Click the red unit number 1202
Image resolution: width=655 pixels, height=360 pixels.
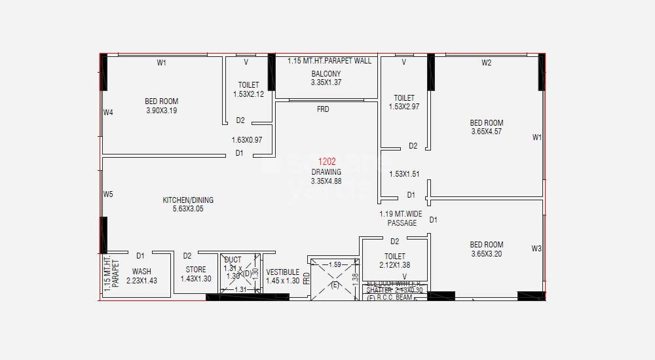coord(327,162)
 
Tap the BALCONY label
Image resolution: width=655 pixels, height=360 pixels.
coord(326,73)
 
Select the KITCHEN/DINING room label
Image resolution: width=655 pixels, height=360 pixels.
coord(188,200)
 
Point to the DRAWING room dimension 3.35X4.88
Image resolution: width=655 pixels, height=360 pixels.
coord(326,181)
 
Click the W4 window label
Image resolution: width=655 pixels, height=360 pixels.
coord(108,113)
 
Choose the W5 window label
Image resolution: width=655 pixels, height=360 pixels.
coord(108,194)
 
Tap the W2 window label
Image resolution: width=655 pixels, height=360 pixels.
coord(486,63)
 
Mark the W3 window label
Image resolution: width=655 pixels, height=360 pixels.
coord(536,249)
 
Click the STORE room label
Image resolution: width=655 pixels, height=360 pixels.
coord(195,270)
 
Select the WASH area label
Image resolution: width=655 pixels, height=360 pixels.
coord(141,271)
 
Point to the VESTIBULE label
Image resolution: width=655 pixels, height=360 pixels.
coord(283,272)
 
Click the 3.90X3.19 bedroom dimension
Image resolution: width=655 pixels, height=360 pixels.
coord(161,111)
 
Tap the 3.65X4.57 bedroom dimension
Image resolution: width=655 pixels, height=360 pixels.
coord(487,132)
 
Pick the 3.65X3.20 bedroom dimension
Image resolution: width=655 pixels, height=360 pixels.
coord(486,254)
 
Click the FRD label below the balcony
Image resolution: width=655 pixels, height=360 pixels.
coord(323,109)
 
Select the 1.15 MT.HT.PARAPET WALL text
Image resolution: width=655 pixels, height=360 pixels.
coord(329,61)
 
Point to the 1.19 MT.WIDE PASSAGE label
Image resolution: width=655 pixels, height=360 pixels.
coord(400,219)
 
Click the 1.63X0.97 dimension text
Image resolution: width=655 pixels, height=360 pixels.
coord(246,140)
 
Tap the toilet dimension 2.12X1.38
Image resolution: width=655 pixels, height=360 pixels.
coord(394,265)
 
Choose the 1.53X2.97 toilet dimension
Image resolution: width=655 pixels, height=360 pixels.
coord(403,107)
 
